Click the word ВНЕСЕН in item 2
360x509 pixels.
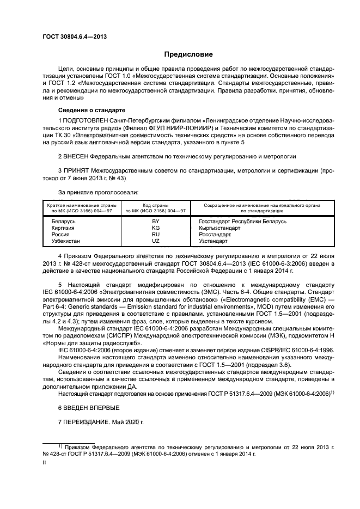pos(80,156)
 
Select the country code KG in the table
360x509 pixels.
pos(155,228)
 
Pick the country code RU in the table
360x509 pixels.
pos(155,234)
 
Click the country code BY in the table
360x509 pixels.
pos(155,222)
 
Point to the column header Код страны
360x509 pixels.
pos(155,205)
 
